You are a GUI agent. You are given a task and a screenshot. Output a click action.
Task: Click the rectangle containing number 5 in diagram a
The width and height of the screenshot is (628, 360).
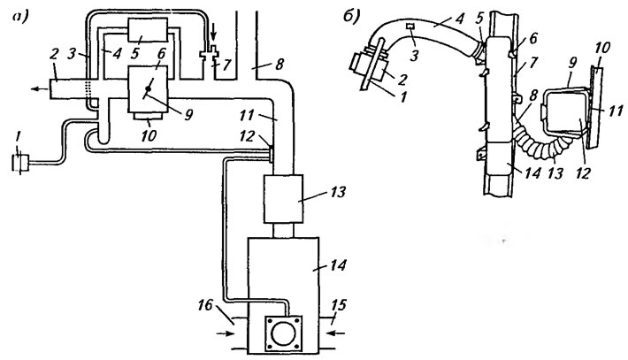click(148, 30)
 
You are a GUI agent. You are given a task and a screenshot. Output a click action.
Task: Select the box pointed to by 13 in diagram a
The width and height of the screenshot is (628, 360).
click(283, 199)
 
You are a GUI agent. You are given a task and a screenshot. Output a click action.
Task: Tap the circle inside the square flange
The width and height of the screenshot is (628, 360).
click(284, 333)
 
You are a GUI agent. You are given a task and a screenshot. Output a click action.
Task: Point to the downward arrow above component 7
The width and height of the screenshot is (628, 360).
click(214, 40)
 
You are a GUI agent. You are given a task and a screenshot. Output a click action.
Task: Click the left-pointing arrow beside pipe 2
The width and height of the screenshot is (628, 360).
click(39, 88)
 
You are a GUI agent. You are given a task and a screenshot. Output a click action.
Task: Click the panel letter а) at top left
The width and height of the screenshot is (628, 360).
click(21, 17)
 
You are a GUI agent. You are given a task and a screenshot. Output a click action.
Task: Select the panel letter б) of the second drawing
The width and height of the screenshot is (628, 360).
click(351, 16)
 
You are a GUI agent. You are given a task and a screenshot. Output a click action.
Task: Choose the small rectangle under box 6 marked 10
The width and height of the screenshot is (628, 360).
click(149, 116)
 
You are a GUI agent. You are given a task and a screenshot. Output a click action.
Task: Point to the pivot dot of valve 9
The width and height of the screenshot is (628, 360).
click(148, 89)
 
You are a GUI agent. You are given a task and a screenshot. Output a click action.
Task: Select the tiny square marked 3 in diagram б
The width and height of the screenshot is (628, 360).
click(411, 27)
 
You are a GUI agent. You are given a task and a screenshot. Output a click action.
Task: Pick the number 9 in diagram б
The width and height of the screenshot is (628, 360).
click(573, 64)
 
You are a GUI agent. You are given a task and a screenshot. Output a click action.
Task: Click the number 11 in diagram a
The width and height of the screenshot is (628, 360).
click(248, 115)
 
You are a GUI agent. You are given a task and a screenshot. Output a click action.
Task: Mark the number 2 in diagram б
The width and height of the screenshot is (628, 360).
click(402, 80)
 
